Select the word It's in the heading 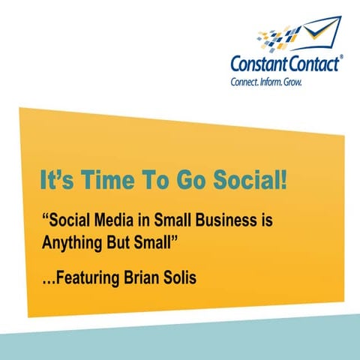click(50, 182)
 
